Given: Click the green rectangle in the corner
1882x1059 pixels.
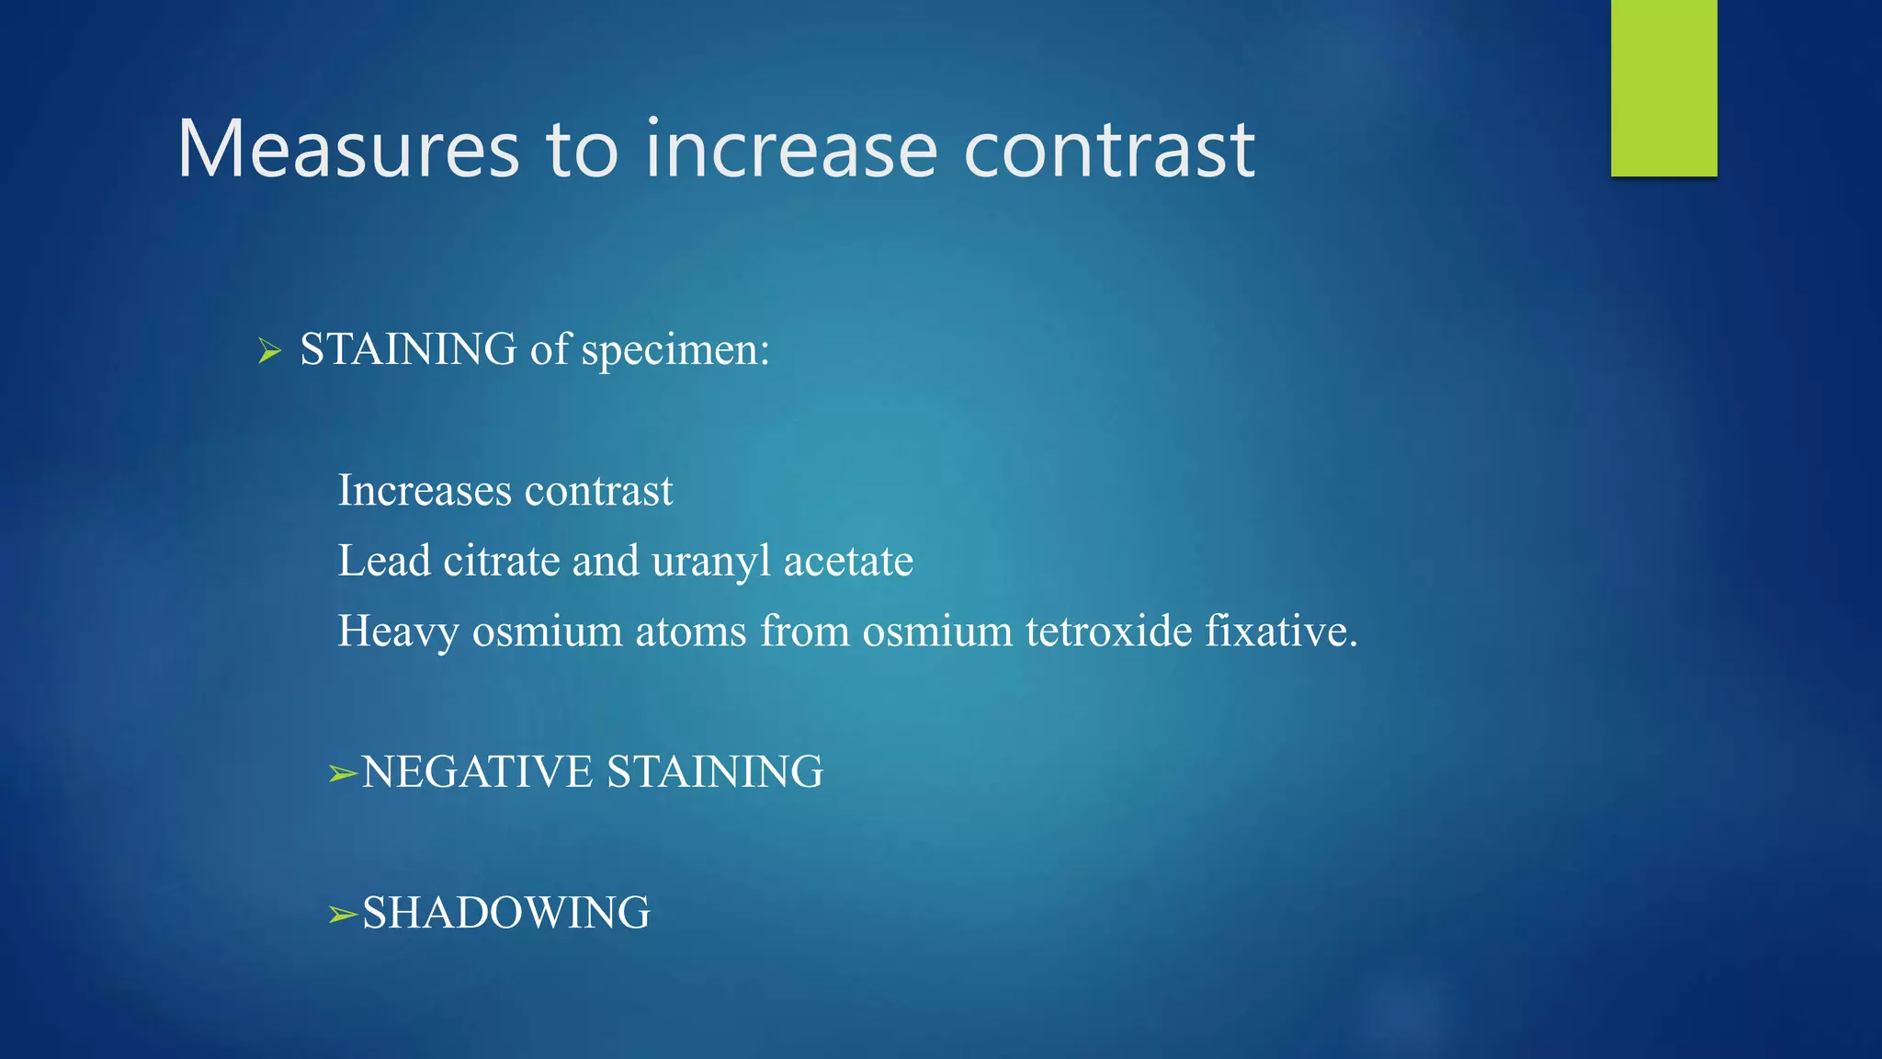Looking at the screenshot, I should tap(1663, 87).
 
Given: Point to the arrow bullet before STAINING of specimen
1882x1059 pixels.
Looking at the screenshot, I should tap(269, 350).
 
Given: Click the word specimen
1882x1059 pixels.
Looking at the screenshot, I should tap(675, 350).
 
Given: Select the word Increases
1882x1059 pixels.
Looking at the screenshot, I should tap(425, 490).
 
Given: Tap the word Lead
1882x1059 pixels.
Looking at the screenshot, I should tap(384, 561).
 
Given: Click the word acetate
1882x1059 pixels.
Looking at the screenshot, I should tap(848, 561).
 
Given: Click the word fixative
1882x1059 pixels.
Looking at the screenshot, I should tap(1280, 632).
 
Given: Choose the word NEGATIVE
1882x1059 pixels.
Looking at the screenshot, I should tap(478, 772).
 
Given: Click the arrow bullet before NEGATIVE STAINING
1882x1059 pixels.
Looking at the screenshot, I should tap(343, 774).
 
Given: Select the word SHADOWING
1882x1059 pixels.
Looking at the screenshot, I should tap(506, 913).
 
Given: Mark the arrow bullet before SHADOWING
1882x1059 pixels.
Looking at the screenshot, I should tap(343, 915).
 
